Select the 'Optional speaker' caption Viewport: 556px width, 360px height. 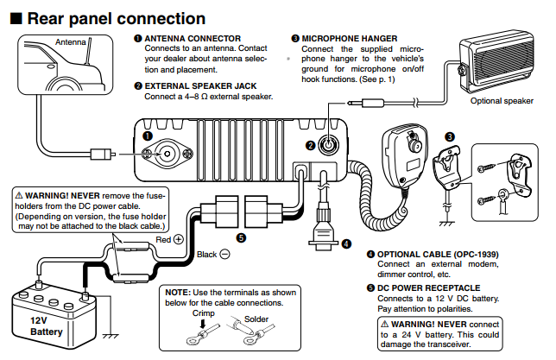[x=502, y=101]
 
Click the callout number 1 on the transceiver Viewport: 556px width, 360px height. [x=148, y=136]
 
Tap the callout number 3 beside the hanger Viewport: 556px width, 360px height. [x=449, y=136]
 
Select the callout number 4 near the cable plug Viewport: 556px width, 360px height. [x=346, y=243]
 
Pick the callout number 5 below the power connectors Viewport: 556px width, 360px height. [x=241, y=237]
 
